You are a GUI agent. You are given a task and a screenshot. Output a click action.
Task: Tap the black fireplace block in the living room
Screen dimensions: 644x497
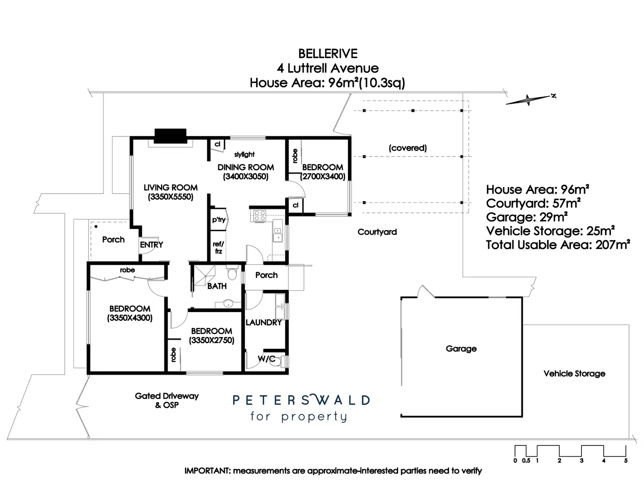(171, 136)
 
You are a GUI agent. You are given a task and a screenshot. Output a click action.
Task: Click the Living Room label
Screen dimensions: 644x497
(171, 188)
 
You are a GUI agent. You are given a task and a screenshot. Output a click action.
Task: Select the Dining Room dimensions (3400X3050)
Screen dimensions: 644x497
(246, 177)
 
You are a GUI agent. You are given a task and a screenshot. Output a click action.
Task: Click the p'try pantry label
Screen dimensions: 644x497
(219, 219)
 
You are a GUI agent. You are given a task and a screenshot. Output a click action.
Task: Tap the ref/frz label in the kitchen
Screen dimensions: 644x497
(218, 247)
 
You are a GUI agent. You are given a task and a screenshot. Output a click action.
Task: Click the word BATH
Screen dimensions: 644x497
(217, 286)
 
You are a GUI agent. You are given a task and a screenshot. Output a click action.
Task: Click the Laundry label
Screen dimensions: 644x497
(263, 322)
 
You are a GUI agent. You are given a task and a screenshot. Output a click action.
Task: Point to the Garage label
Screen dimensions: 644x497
(461, 349)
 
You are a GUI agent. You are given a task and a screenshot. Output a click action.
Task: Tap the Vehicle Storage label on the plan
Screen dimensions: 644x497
(574, 374)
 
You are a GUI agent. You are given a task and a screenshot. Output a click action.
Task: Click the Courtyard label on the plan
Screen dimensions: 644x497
(377, 232)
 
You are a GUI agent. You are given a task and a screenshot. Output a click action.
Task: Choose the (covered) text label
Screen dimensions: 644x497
(408, 148)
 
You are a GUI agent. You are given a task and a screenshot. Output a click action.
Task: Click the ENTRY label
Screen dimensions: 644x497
(151, 245)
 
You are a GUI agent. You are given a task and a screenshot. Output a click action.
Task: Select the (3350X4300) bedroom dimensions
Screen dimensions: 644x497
(130, 318)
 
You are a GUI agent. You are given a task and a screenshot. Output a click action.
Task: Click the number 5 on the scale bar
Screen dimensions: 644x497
(626, 461)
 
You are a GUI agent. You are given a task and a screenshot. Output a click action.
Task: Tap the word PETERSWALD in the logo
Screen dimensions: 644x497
(301, 400)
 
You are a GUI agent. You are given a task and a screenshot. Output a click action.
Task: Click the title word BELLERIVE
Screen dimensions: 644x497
(328, 54)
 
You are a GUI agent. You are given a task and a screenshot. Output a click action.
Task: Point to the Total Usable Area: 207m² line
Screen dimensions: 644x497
(558, 245)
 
